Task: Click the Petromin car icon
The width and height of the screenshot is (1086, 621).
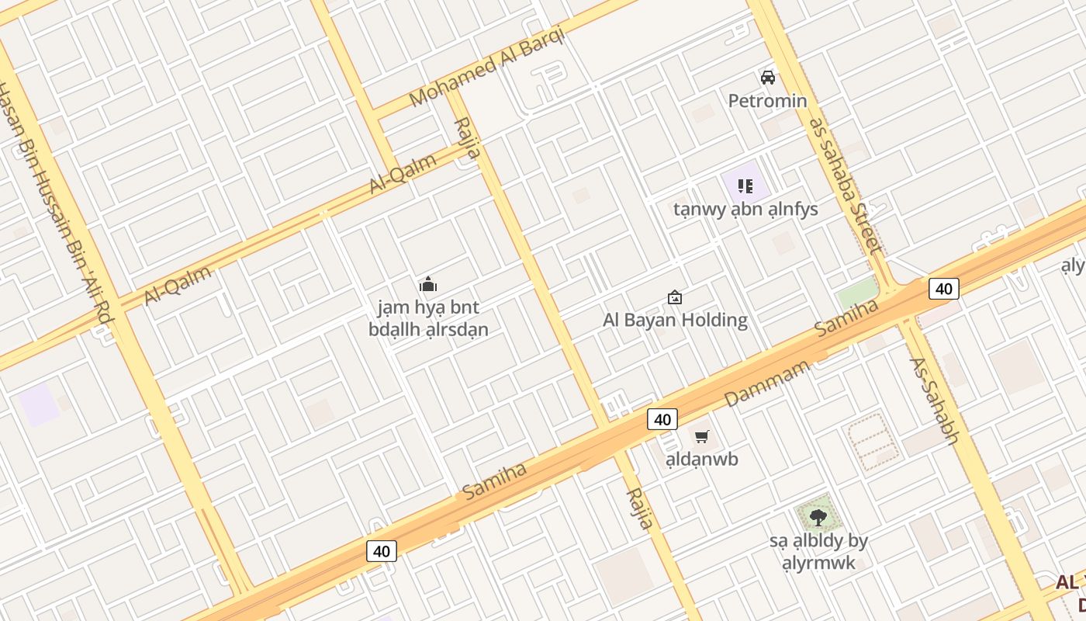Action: click(x=768, y=78)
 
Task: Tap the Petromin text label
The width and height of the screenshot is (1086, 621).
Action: click(x=767, y=101)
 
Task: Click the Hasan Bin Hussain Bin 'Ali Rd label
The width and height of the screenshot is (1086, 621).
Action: click(x=54, y=203)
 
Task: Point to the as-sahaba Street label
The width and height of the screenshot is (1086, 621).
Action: click(x=846, y=186)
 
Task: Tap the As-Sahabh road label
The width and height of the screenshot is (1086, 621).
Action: click(x=934, y=401)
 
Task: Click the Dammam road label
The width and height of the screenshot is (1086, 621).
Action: click(x=766, y=384)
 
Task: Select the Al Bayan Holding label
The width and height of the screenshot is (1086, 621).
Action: click(x=675, y=320)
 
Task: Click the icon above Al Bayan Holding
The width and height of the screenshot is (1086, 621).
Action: click(x=675, y=297)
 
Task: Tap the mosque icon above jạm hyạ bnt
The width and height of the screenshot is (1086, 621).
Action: click(x=427, y=285)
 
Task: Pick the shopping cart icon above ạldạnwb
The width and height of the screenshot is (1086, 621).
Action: click(x=702, y=437)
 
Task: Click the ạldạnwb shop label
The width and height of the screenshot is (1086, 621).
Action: click(x=702, y=459)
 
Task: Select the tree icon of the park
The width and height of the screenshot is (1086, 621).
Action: click(x=818, y=516)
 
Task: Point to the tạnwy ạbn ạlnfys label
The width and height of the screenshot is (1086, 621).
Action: click(x=745, y=210)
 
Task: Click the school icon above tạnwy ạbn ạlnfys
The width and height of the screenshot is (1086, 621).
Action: click(x=745, y=186)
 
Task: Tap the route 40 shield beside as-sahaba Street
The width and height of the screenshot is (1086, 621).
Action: click(x=943, y=289)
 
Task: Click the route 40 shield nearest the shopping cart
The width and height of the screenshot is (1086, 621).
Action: click(x=662, y=420)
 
